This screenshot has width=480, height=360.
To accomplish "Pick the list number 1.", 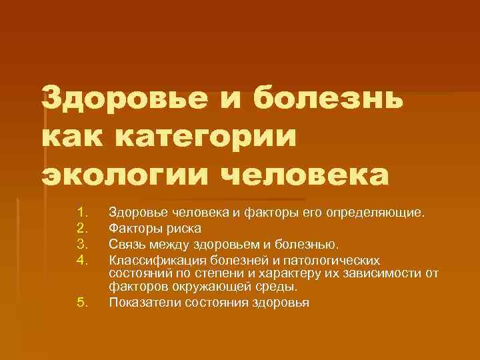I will click(82, 213).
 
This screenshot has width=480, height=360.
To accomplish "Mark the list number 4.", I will click(82, 257).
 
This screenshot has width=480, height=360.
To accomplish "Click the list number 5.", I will click(82, 302).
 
